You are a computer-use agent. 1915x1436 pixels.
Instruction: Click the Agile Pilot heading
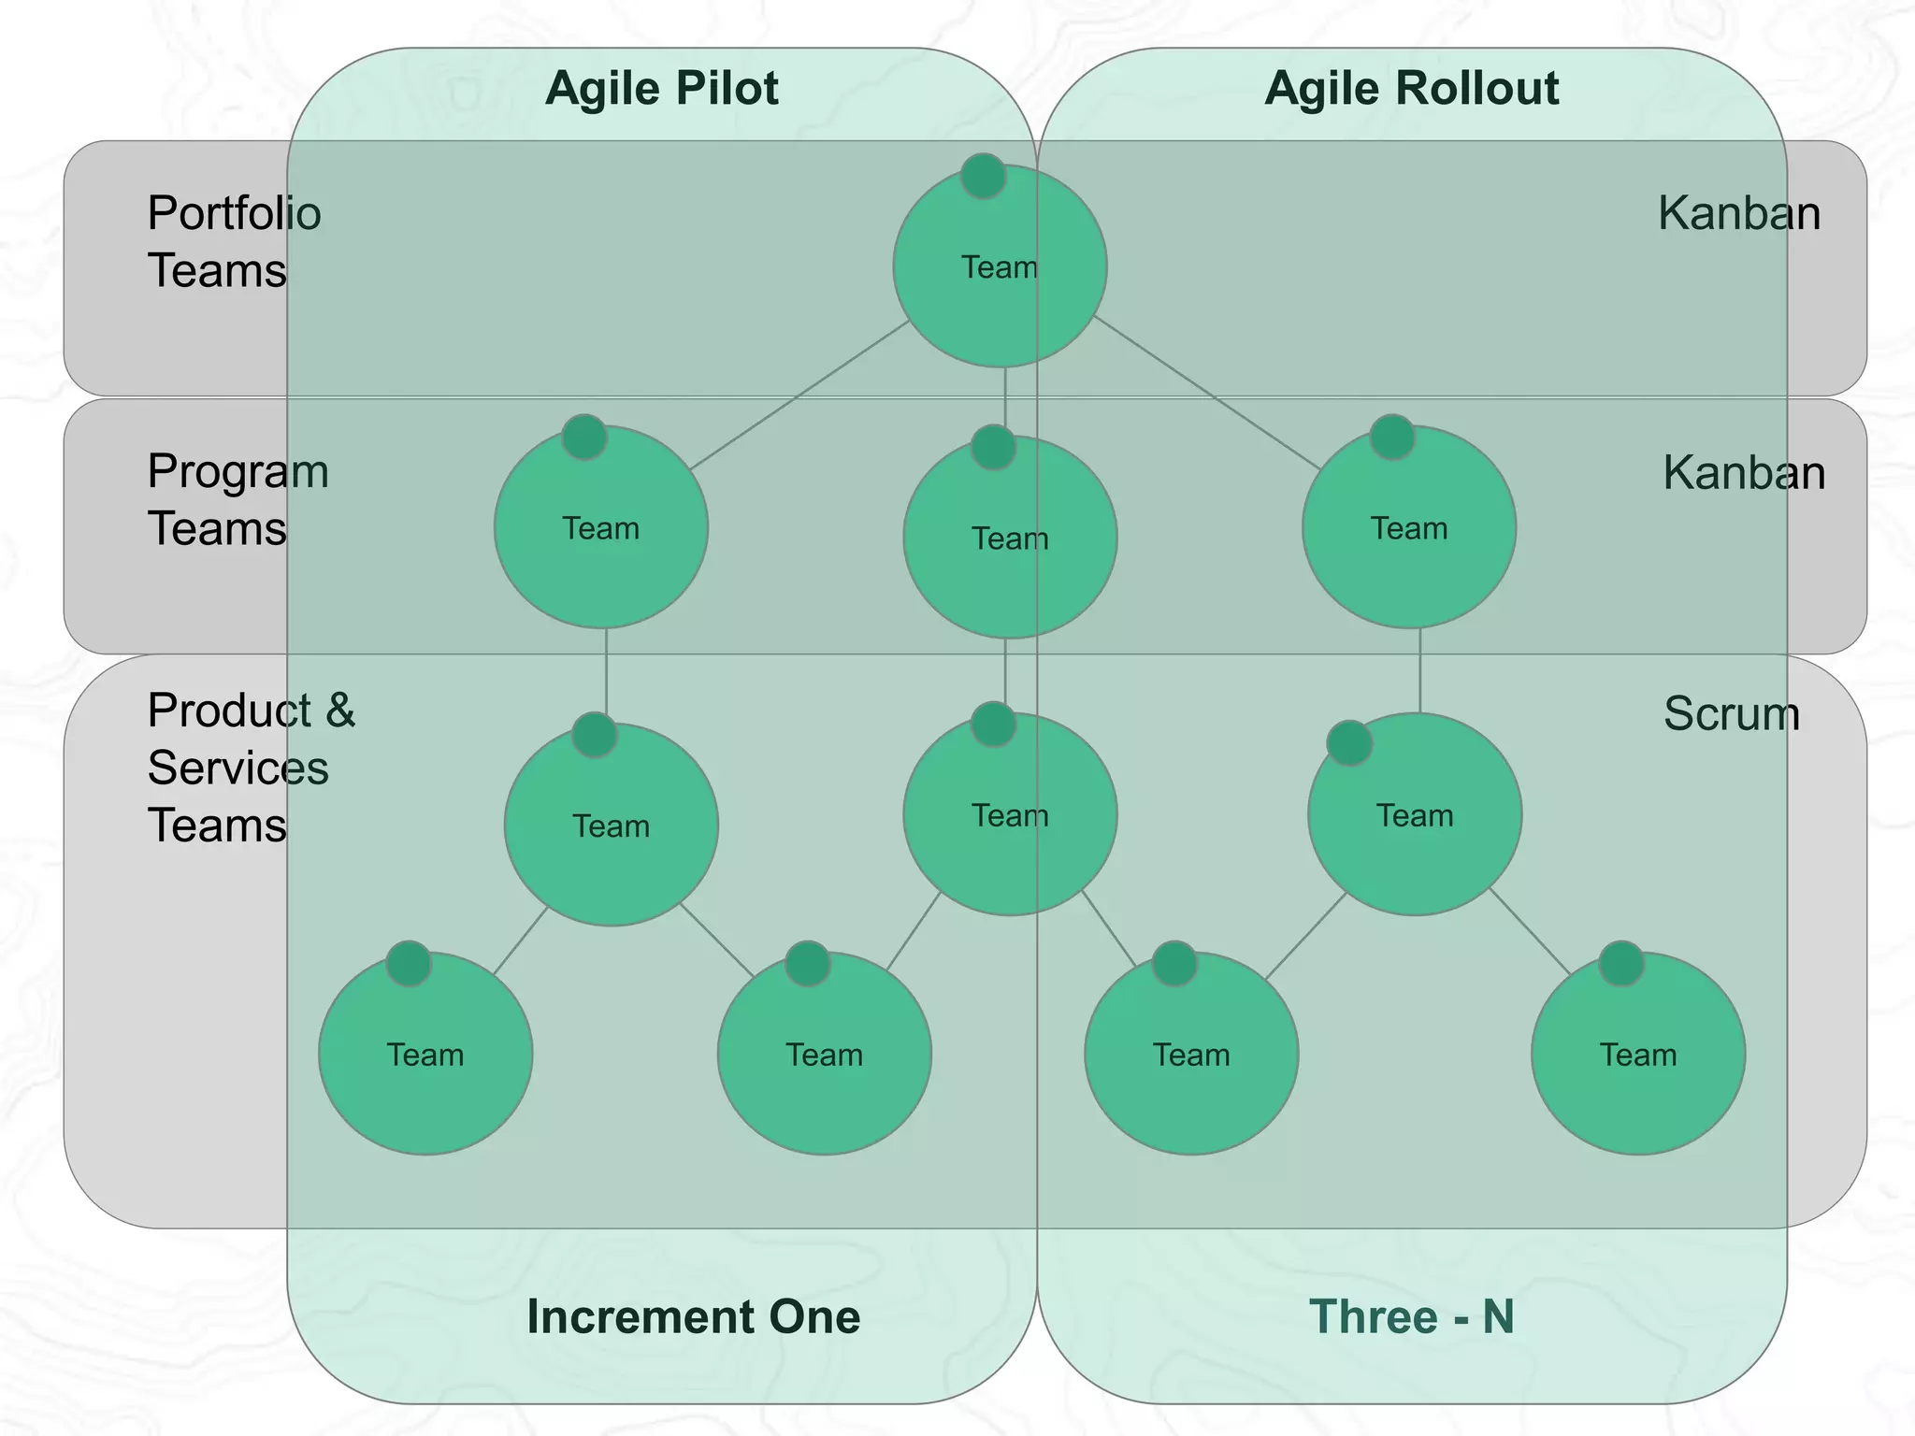661,89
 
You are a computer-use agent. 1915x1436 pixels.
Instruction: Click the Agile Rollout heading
1411,89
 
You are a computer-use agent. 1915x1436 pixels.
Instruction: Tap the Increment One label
693,1316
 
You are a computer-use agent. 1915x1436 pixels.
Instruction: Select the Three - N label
1411,1316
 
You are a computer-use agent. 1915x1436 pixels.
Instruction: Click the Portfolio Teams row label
234,241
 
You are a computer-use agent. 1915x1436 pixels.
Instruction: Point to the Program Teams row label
238,499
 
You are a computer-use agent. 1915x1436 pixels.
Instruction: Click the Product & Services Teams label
251,768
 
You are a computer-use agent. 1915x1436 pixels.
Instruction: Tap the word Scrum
1731,713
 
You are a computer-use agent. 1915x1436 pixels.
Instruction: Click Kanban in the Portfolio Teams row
1738,213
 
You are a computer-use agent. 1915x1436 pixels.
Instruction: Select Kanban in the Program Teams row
1743,472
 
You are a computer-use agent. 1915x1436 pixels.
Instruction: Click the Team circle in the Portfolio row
1000,280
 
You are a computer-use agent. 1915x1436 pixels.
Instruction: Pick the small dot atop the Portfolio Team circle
983,176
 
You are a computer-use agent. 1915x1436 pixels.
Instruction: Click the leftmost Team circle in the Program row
600,542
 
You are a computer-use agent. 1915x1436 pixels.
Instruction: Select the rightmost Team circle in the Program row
1408,542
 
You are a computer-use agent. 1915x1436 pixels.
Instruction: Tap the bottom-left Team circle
425,1066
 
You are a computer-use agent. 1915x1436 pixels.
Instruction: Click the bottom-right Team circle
1637,1066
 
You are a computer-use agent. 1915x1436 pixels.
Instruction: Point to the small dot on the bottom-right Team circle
1620,964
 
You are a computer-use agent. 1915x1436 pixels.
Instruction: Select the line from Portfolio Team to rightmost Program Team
1206,393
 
